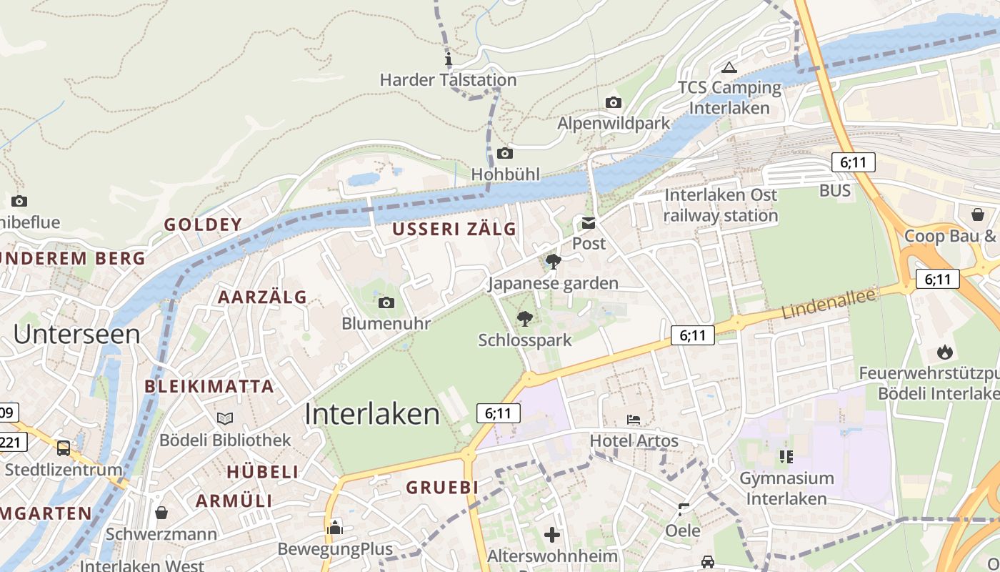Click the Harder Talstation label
click(448, 79)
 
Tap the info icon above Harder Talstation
click(449, 59)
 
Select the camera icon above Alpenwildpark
click(613, 103)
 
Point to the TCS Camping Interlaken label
click(729, 98)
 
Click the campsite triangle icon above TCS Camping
click(729, 68)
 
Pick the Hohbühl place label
click(505, 174)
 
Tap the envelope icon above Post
click(589, 224)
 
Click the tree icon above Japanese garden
click(553, 262)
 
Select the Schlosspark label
click(525, 340)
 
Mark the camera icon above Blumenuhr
click(386, 303)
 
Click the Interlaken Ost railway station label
click(721, 205)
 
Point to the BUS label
click(835, 190)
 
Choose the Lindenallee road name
click(829, 305)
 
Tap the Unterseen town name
click(76, 334)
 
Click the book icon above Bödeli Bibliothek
click(225, 418)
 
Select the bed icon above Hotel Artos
click(634, 420)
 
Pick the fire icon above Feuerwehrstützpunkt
click(945, 352)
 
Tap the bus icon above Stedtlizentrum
click(64, 448)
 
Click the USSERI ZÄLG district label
click(454, 230)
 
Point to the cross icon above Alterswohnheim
click(551, 534)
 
